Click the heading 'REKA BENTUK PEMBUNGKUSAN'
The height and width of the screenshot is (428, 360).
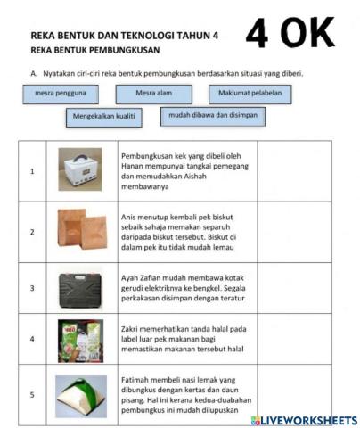93,50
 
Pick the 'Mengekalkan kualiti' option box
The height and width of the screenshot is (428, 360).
102,116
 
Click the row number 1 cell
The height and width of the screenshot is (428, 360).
32,170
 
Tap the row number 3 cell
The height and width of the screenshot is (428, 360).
32,289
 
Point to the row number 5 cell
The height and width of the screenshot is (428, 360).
32,394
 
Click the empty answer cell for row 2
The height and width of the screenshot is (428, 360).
294,231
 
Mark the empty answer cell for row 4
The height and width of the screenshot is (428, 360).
294,339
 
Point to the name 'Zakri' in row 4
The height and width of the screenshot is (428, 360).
131,329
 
